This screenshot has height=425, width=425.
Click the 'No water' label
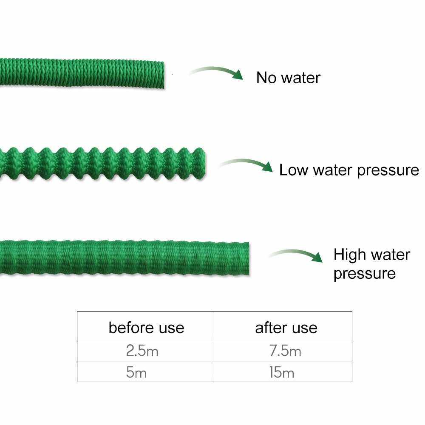click(x=288, y=78)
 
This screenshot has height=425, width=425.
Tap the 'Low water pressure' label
click(x=349, y=170)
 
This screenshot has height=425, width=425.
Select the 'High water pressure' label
click(x=372, y=264)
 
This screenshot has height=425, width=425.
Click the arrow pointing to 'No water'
click(x=216, y=73)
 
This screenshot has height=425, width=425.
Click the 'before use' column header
click(x=146, y=328)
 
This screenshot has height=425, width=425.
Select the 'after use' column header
click(x=286, y=328)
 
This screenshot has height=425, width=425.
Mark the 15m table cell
click(x=282, y=372)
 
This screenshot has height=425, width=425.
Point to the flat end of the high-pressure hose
click(x=248, y=258)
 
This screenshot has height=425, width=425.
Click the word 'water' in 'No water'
click(x=301, y=78)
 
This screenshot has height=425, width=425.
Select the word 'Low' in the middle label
click(x=294, y=170)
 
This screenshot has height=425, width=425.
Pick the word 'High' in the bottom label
click(x=350, y=255)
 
